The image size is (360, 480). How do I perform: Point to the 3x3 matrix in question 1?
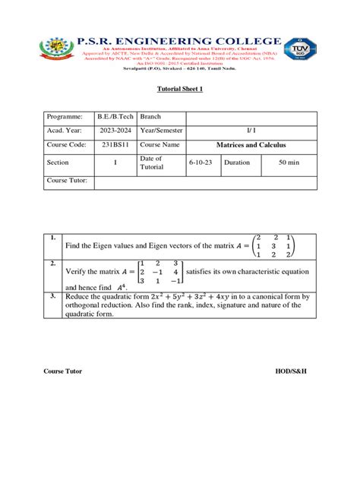point(274,246)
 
